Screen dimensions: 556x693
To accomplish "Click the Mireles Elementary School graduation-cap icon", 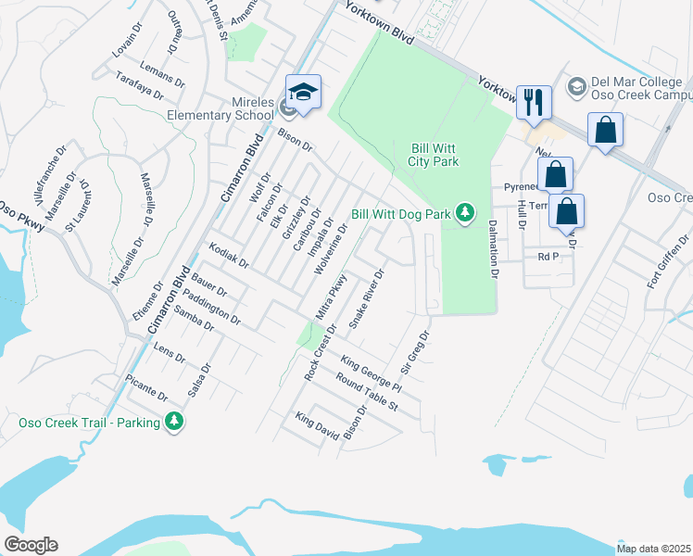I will tap(303, 91).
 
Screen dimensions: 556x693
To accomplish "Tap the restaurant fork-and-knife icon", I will tap(533, 101).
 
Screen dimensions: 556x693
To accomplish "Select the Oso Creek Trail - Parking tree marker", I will tap(173, 423).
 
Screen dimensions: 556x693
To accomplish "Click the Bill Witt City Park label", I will tap(435, 155).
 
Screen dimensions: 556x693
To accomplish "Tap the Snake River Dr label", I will tap(366, 298).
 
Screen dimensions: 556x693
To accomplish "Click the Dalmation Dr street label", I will tap(493, 249).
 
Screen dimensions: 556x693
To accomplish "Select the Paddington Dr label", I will tap(212, 308).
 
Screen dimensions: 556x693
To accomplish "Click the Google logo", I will tap(31, 545).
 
